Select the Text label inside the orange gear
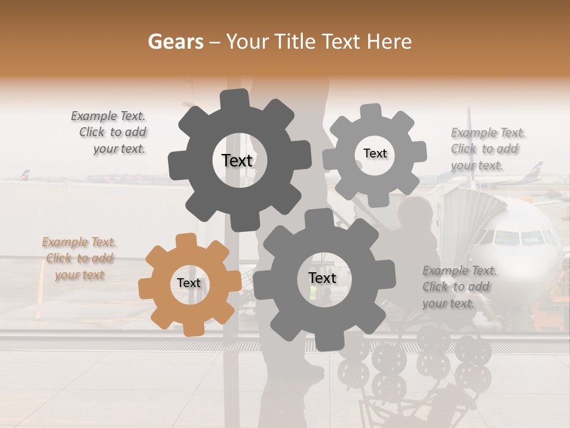(189, 283)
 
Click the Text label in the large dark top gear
(237, 160)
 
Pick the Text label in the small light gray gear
(375, 153)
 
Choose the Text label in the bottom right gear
(322, 278)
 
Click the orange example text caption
(80, 259)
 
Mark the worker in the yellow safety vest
(313, 292)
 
